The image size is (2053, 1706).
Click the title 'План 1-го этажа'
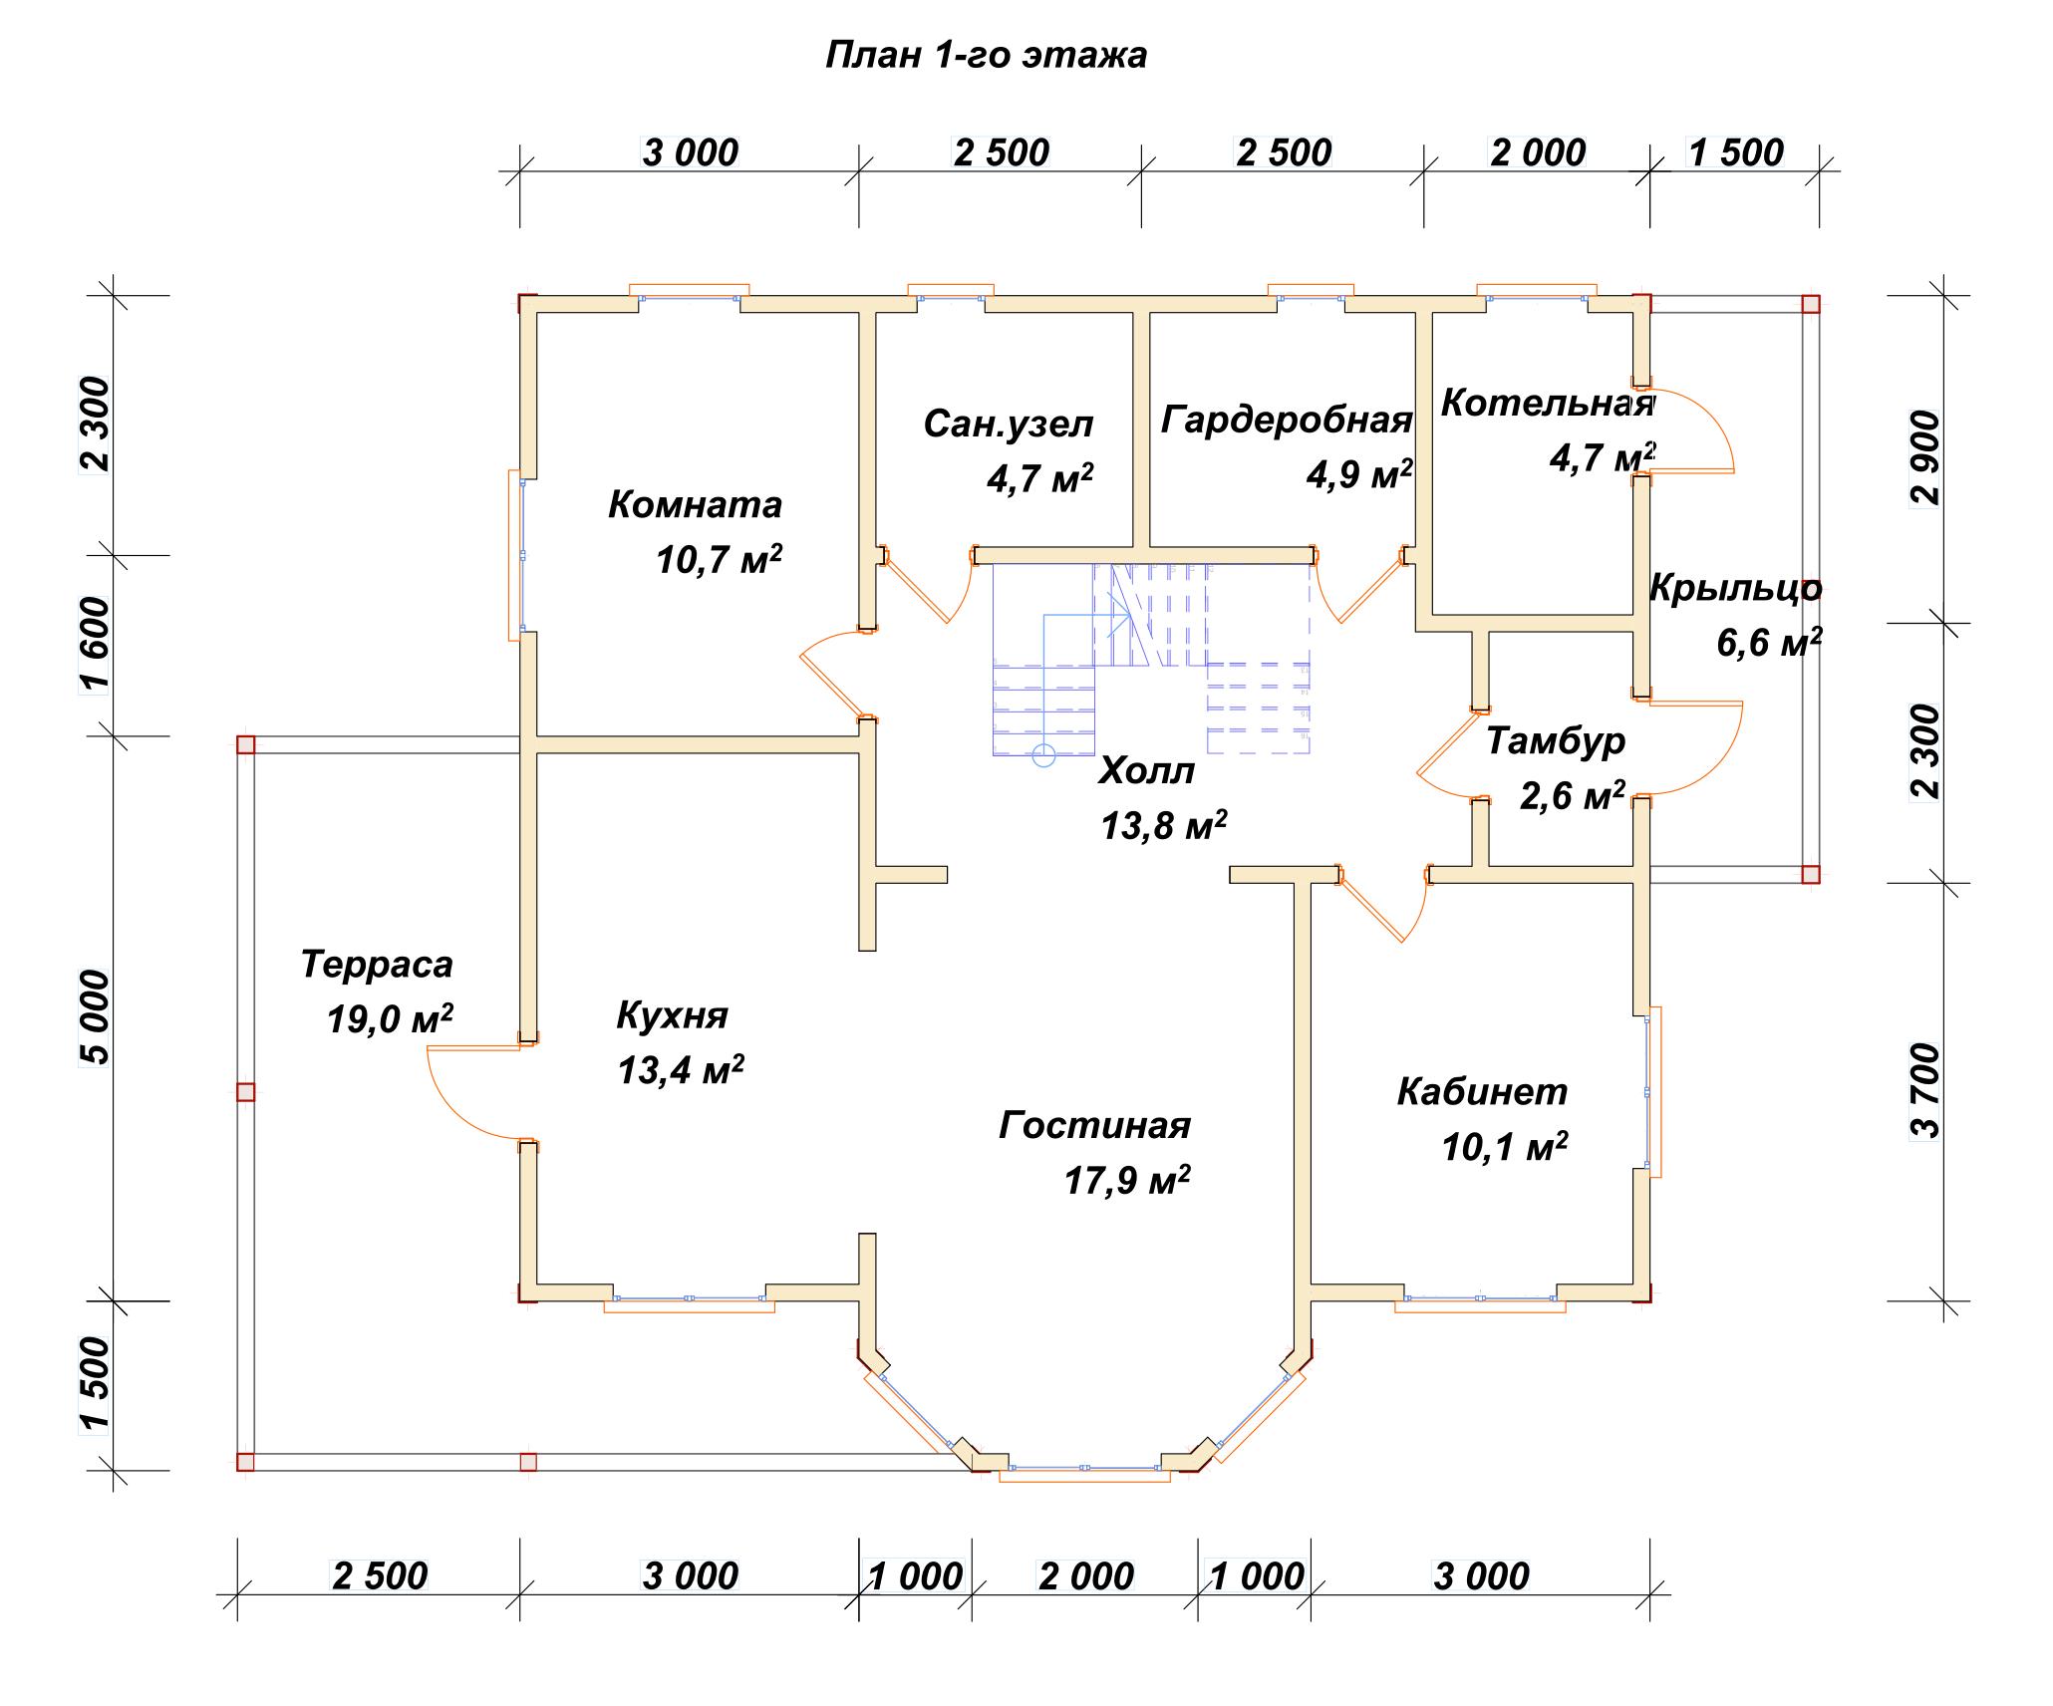tap(986, 55)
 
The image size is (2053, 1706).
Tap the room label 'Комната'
tap(695, 504)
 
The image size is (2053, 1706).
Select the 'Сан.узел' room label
tap(1008, 425)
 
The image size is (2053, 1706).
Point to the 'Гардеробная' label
tap(1287, 420)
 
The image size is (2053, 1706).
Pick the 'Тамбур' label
tap(1556, 741)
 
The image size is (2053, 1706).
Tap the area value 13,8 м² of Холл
tap(1163, 825)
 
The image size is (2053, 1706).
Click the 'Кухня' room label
tap(672, 1015)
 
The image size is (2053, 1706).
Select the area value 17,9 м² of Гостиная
tap(1127, 1181)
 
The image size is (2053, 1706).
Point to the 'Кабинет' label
tap(1482, 1092)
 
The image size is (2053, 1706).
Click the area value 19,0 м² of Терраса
tap(390, 1019)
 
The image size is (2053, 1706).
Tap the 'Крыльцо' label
tap(1735, 589)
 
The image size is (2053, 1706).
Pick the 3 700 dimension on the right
tap(1927, 1090)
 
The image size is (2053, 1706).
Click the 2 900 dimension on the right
tap(1927, 458)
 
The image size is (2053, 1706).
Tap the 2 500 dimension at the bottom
tap(380, 1576)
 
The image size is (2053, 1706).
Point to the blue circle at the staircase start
tap(1043, 755)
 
